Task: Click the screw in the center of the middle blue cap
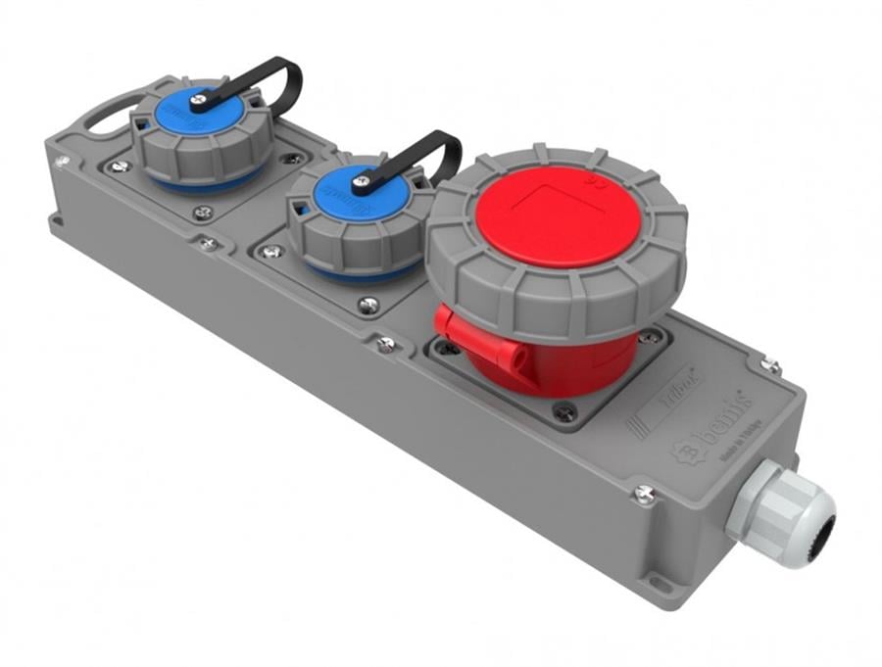pyautogui.click(x=362, y=181)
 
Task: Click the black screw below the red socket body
pyautogui.click(x=563, y=413)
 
